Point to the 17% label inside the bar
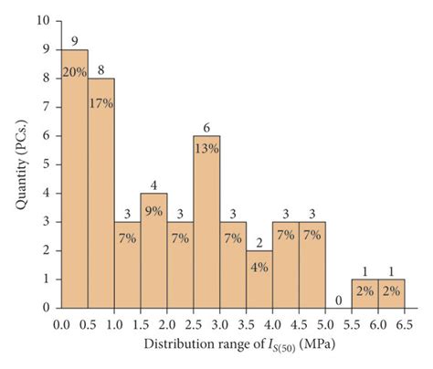pos(101,103)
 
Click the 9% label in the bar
pos(153,211)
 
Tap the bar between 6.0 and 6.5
pos(391,294)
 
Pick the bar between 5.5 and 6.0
pos(364,294)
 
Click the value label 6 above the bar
pos(206,128)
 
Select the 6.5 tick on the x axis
pos(404,323)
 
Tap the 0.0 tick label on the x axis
pos(61,323)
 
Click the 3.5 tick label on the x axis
pos(246,323)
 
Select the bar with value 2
pos(259,283)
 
